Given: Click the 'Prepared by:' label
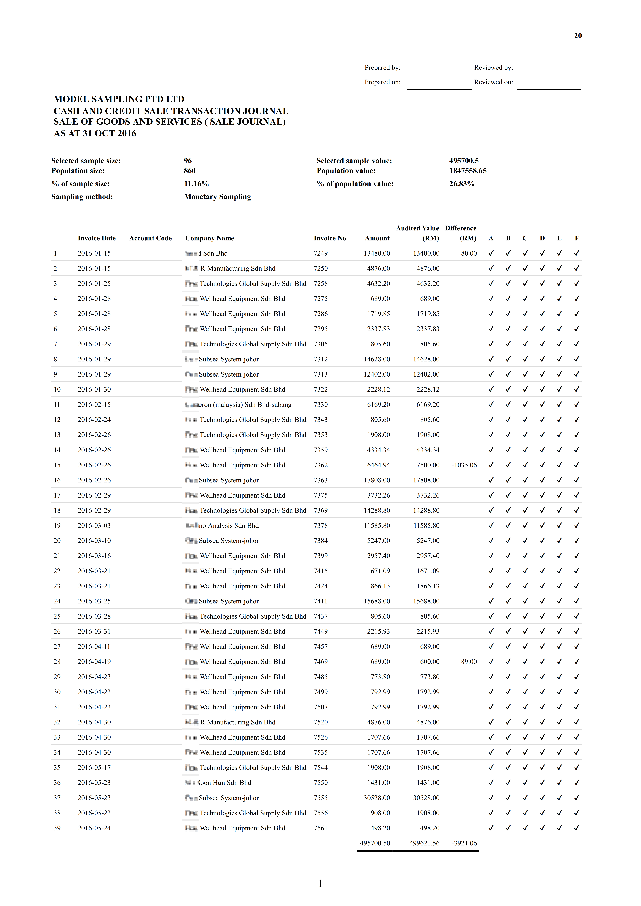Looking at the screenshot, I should (x=382, y=68).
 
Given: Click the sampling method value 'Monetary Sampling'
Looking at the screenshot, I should (x=217, y=197).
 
